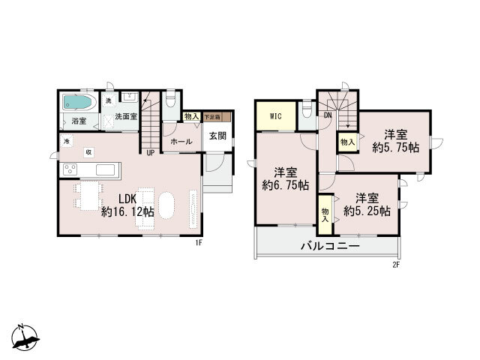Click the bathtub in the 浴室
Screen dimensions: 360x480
pos(77,102)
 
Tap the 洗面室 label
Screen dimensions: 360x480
pos(124,117)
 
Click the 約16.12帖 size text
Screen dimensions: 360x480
pos(128,212)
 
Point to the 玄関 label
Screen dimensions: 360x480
pos(217,136)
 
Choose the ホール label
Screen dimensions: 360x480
pos(181,142)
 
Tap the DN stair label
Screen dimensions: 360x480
pos(328,115)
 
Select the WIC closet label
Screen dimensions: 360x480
pos(276,116)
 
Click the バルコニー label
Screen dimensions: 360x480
pos(330,246)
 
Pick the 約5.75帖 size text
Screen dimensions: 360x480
pos(395,148)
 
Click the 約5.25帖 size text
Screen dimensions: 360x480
pos(367,211)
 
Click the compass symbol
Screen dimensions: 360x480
pos(26,337)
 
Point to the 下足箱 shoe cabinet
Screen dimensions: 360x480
pos(214,117)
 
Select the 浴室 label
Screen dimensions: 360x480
pos(79,120)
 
